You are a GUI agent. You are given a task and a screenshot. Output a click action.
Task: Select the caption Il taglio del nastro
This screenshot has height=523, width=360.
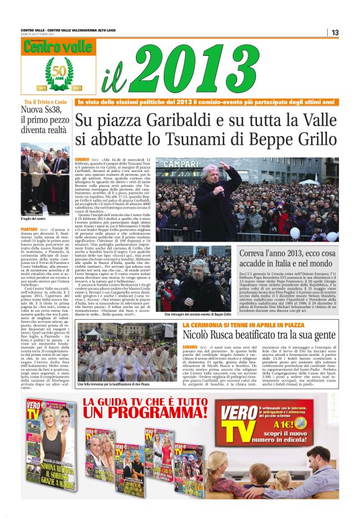(35, 219)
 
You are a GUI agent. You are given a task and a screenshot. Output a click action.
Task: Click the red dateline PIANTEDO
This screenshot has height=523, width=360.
(33, 230)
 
